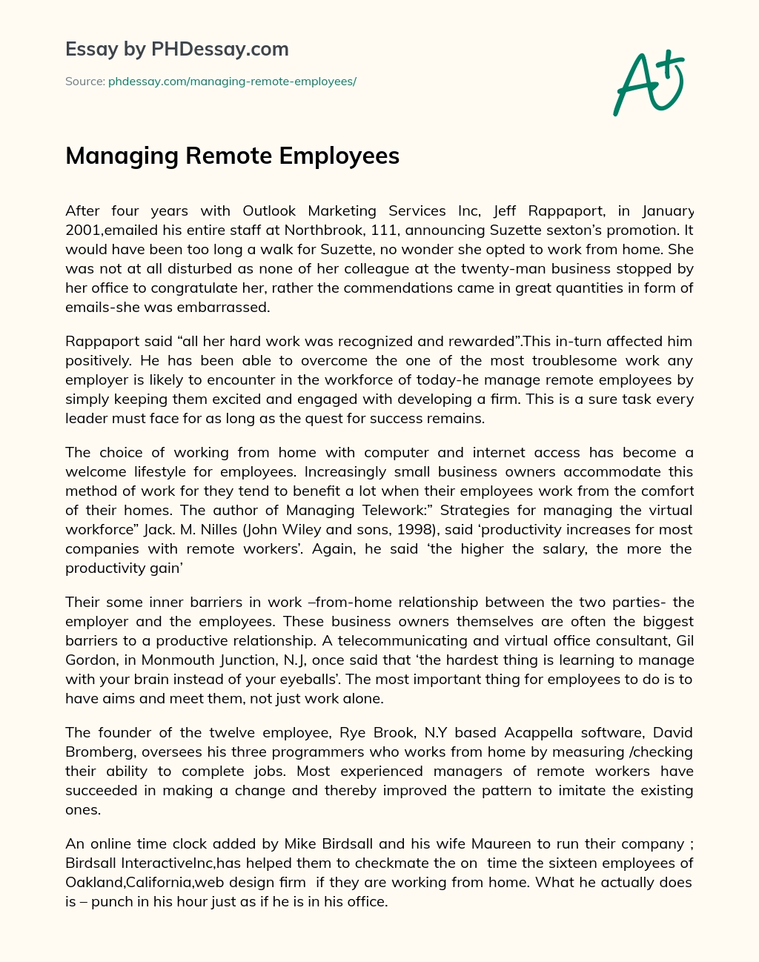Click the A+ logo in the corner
(x=649, y=83)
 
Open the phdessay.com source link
(x=232, y=82)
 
